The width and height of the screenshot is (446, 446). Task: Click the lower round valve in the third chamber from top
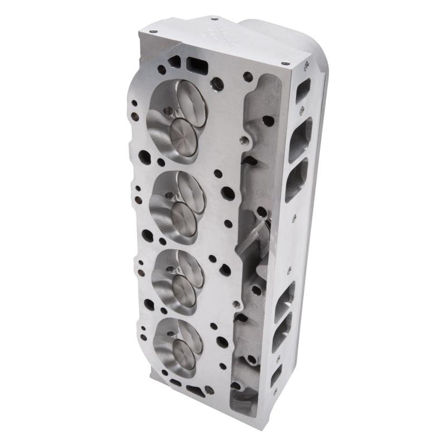[x=183, y=290]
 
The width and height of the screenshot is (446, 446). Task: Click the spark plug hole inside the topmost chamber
[x=167, y=111]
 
